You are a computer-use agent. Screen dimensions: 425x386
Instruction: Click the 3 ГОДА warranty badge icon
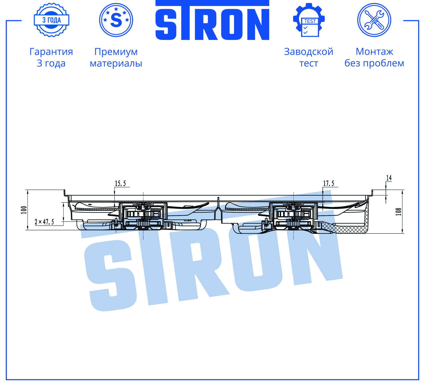tap(52, 20)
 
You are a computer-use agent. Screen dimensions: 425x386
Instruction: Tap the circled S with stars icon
tap(116, 20)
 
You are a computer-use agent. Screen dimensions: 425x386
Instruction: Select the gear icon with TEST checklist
tap(309, 20)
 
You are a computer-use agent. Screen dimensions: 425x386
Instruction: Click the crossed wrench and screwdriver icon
tap(374, 20)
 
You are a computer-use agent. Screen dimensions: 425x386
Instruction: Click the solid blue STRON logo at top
tap(212, 20)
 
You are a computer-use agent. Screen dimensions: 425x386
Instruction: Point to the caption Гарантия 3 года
tap(51, 57)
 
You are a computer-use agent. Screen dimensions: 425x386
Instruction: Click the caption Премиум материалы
tap(116, 57)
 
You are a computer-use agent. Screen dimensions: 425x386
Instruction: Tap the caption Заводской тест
tap(309, 57)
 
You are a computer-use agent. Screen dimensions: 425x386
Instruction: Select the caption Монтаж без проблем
tap(374, 57)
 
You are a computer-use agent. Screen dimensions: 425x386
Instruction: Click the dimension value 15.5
tap(120, 184)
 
